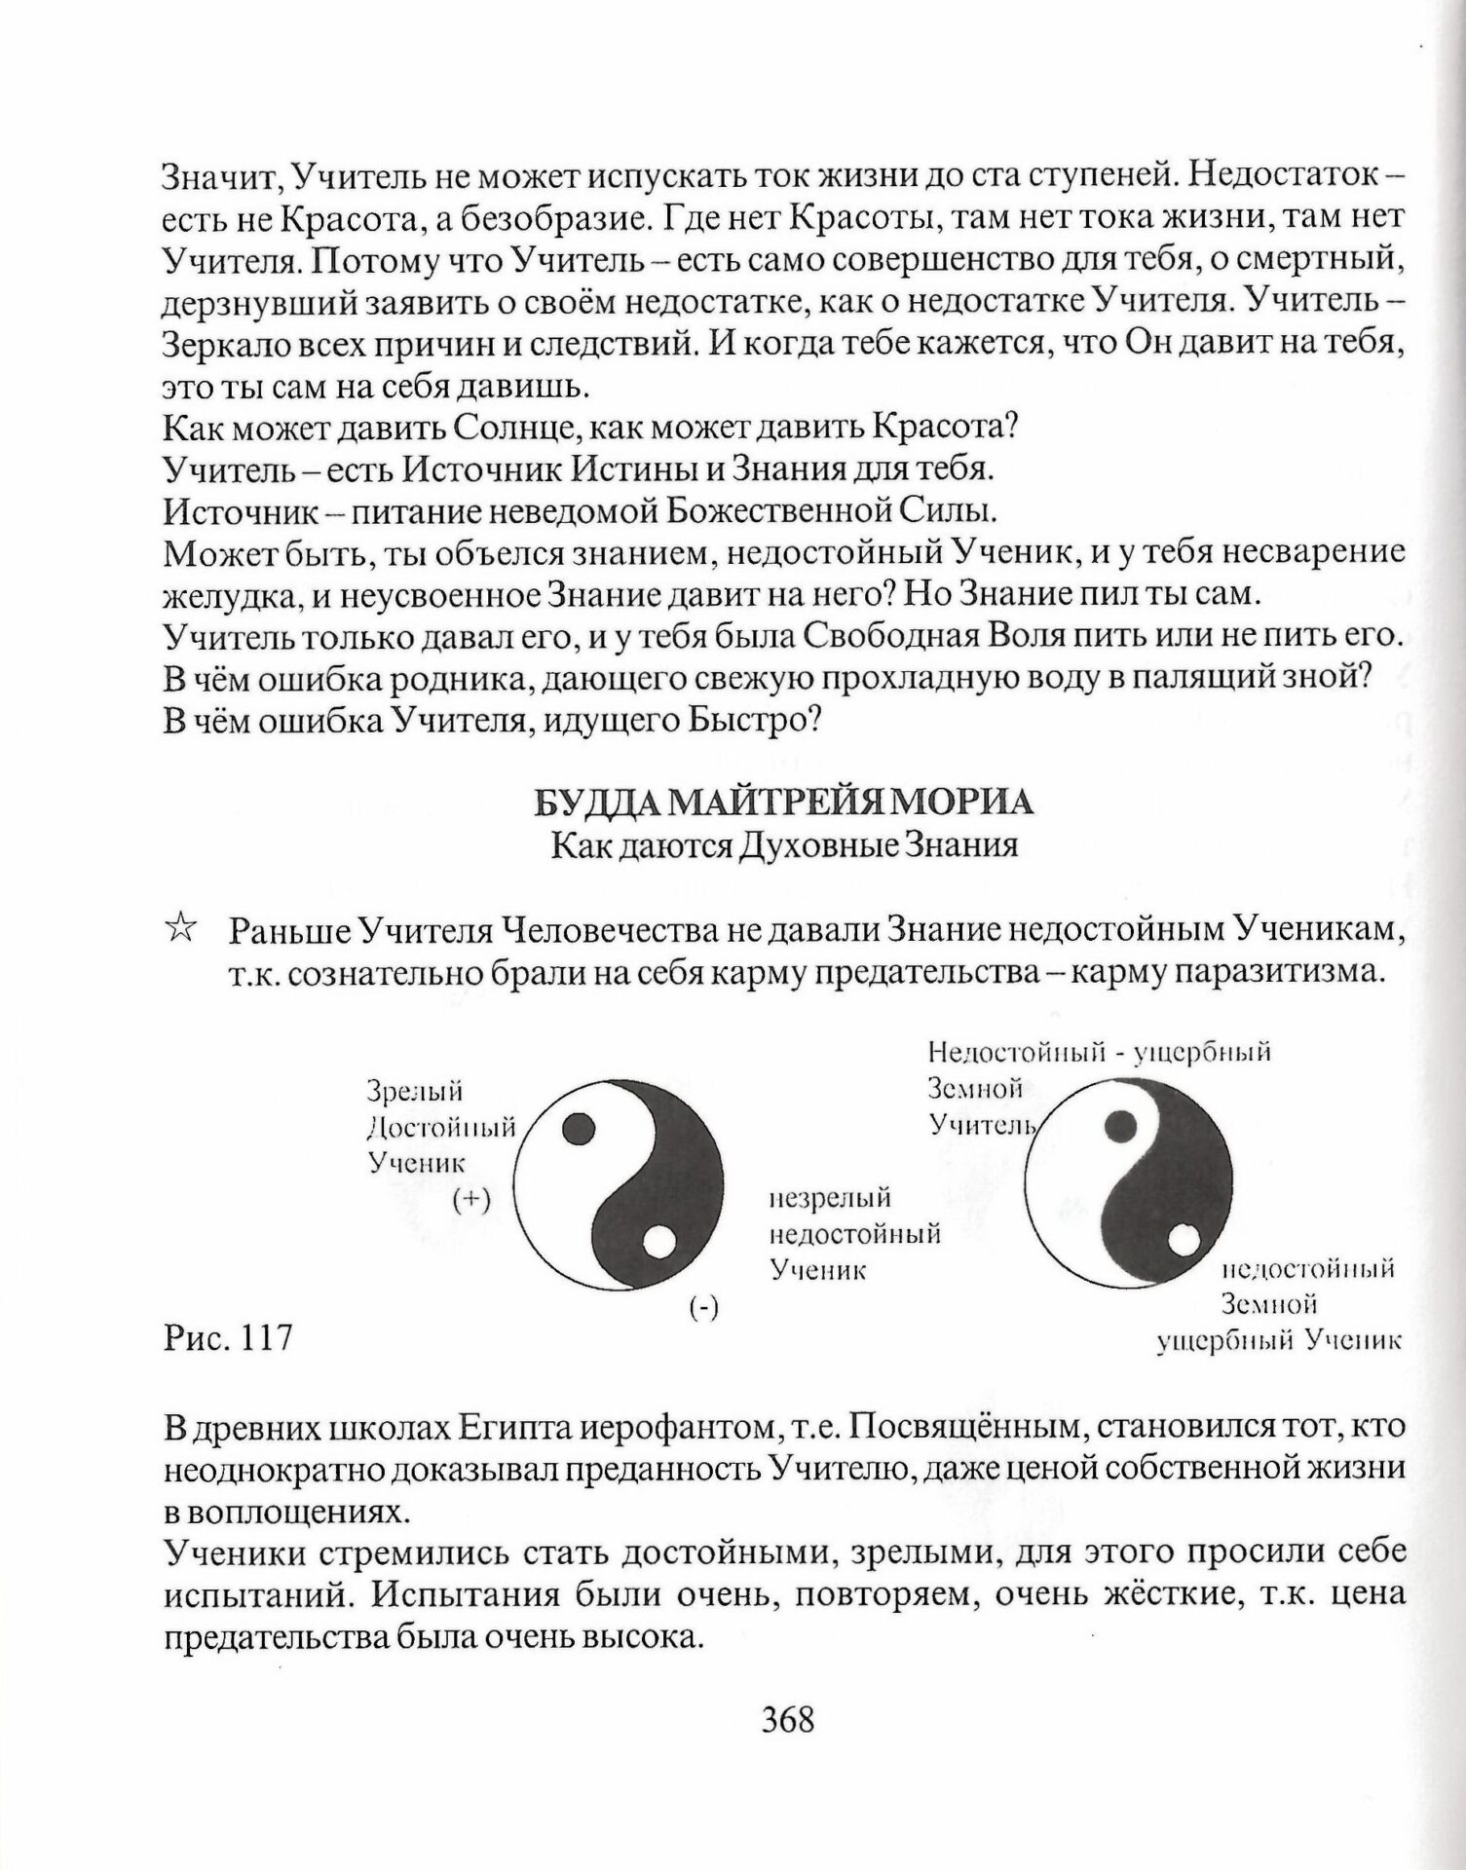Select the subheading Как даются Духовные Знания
pos(784,844)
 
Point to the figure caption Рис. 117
pos(229,1337)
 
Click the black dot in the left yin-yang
pos(579,1128)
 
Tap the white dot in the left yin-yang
pos(658,1243)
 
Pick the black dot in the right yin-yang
pos(1121,1126)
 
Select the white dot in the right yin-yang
pos(1183,1240)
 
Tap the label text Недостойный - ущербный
pos(1100,1052)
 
